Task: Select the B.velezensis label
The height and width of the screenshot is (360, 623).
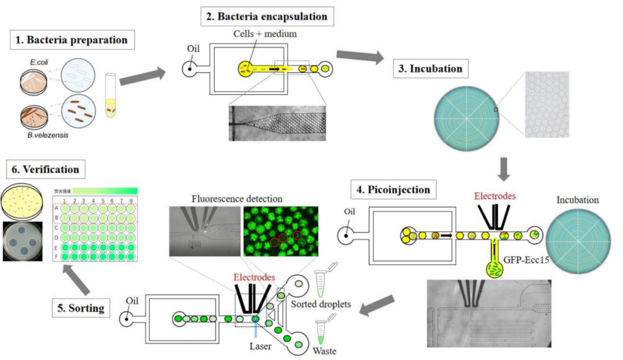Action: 48,135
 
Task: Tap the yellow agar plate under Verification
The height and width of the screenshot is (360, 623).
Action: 25,199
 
